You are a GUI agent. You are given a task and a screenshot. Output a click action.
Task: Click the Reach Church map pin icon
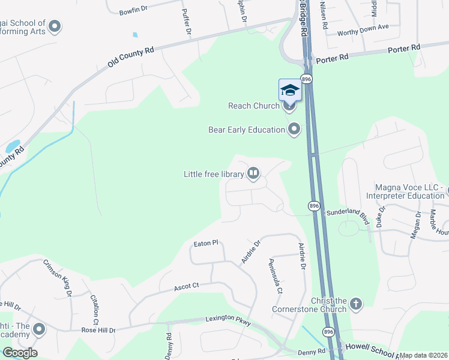289,107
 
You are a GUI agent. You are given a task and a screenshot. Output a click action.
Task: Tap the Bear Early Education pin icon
294,130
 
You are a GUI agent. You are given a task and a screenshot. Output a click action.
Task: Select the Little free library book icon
253,174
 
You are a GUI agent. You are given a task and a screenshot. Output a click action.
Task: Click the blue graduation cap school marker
290,91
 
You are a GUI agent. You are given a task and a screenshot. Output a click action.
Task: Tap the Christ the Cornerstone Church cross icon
356,304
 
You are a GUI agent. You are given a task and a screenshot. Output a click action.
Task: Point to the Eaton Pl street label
205,244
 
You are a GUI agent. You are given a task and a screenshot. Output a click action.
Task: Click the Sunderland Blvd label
347,213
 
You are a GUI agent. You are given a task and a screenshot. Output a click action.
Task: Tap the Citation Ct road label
94,298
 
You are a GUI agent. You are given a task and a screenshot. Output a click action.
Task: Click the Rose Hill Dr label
99,330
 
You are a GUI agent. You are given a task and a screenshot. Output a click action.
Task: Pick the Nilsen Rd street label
324,16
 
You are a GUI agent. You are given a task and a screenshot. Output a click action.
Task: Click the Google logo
19,353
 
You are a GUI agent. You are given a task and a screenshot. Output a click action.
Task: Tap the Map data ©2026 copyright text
423,355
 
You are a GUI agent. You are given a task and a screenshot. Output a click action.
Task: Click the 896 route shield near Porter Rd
307,79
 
